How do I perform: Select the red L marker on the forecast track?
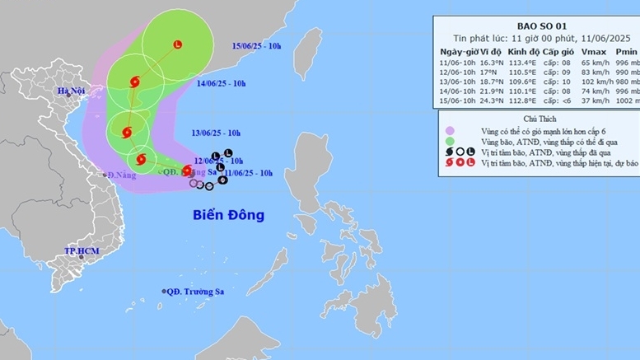[x=178, y=44]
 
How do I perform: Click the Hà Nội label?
[x=71, y=91]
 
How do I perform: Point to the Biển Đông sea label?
[x=229, y=216]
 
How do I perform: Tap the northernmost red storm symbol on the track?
[x=135, y=82]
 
